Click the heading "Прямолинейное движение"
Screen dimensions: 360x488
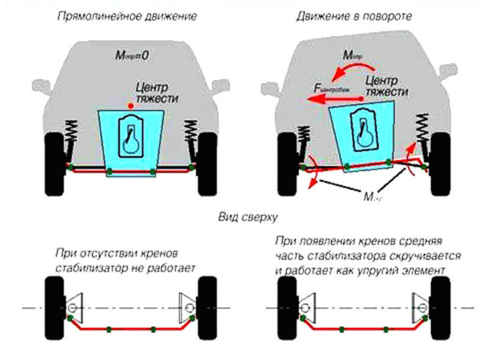coord(127,16)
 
